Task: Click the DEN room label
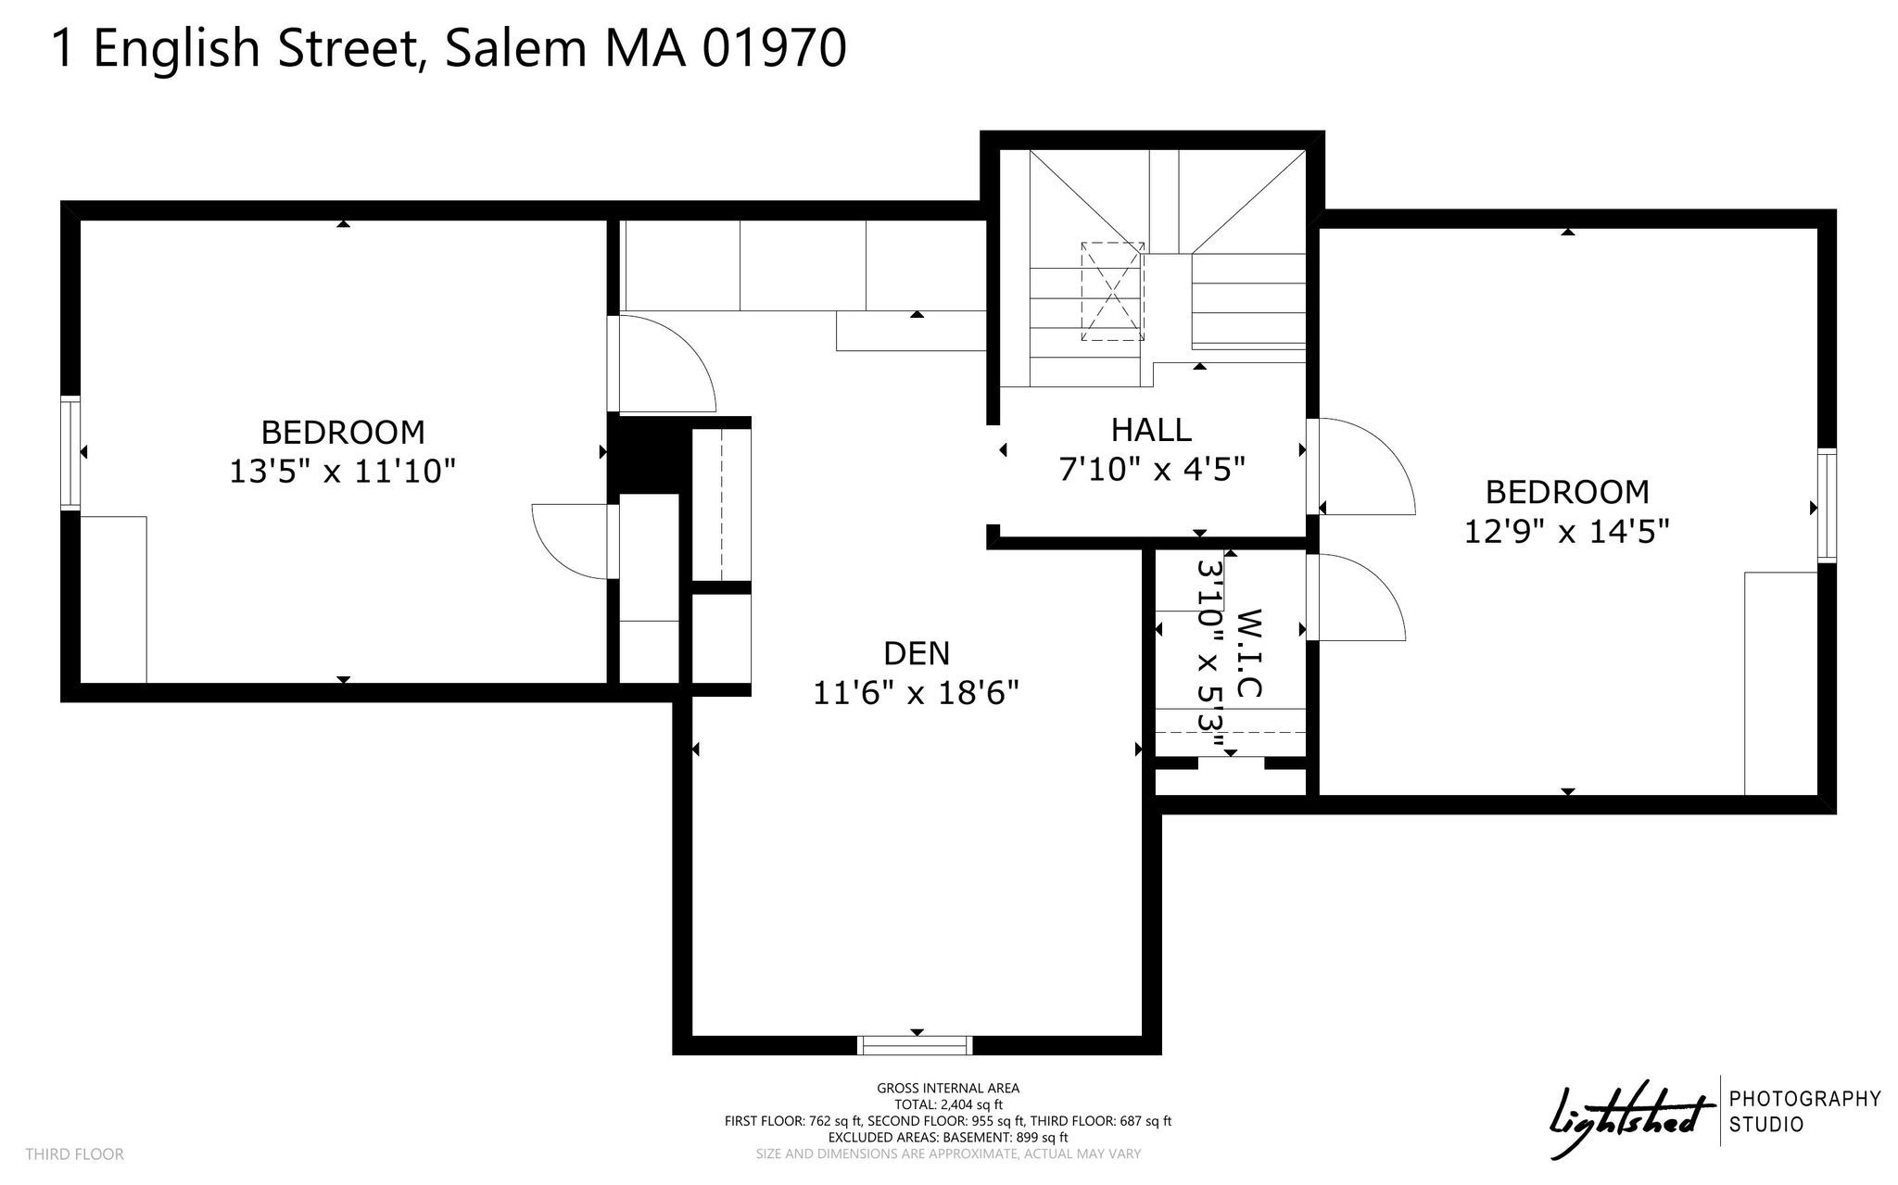917,653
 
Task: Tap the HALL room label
1151,429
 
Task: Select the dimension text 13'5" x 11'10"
343,472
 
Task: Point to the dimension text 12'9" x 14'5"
1567,531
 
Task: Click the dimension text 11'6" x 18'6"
917,693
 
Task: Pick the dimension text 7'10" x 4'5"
1151,469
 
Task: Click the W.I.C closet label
1250,653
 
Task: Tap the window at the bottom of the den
916,1045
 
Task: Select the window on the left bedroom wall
70,452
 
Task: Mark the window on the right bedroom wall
1827,505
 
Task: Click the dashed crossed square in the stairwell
1112,292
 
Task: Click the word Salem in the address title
515,48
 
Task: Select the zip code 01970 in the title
774,48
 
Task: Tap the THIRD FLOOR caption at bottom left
74,1154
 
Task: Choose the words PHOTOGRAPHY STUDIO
1805,1112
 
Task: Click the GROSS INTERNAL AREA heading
948,1089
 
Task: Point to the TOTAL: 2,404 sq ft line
948,1104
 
